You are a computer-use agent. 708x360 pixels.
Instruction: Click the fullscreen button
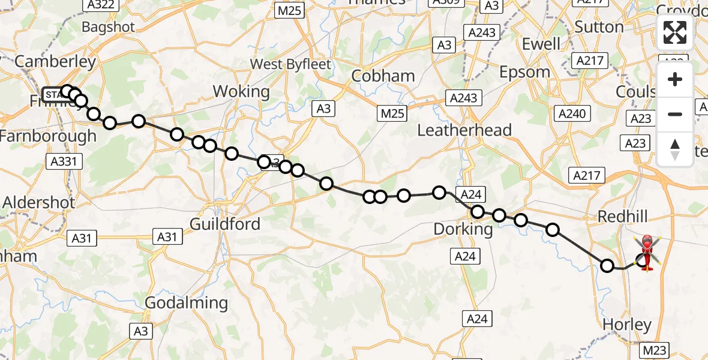[675, 32]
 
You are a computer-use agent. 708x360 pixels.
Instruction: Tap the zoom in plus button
[675, 79]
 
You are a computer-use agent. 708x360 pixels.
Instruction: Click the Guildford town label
[225, 224]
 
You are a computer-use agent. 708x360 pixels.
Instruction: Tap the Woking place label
[241, 91]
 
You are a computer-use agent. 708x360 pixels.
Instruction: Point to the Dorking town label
[463, 229]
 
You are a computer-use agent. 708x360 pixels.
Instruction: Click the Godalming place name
[187, 302]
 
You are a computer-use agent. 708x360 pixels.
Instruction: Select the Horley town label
[626, 325]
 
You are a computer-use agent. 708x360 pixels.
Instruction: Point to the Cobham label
[383, 76]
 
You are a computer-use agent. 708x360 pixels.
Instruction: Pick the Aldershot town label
[39, 202]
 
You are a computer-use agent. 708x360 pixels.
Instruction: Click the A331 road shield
[64, 161]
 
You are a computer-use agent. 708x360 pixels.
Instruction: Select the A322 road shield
[100, 4]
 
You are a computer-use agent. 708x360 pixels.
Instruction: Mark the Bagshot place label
[109, 27]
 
